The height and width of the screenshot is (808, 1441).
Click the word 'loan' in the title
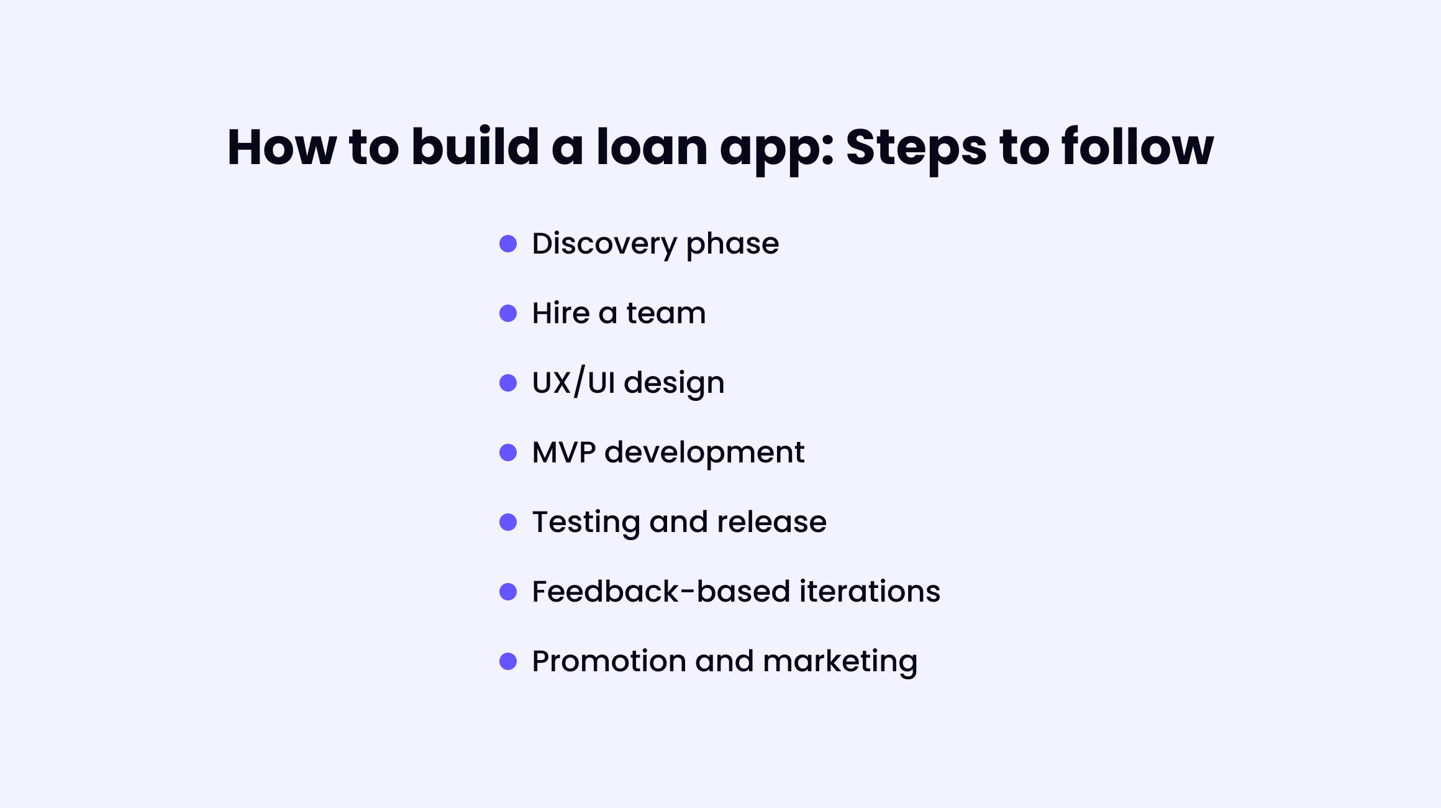coord(652,147)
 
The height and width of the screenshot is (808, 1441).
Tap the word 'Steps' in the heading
coord(916,149)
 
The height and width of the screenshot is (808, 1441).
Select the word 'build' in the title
coord(475,147)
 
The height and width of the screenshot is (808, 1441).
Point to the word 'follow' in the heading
coord(1137,147)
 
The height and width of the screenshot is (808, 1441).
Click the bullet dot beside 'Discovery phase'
coord(508,244)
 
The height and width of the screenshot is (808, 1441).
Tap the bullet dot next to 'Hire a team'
coord(508,313)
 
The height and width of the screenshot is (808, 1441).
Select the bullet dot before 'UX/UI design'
coord(508,383)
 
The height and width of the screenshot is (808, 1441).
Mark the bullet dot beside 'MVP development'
coord(508,452)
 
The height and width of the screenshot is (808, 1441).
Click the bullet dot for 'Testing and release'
coord(508,522)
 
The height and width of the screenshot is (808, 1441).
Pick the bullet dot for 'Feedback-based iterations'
coord(508,592)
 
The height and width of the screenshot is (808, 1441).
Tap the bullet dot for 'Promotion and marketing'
coord(508,661)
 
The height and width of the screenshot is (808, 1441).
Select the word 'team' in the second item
coord(666,313)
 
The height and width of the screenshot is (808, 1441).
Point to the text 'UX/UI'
coord(574,382)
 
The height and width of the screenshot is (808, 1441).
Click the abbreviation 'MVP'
coord(564,452)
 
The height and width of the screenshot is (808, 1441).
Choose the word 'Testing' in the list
coord(586,523)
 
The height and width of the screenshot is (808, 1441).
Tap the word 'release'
coord(771,522)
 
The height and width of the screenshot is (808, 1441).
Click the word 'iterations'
coord(870,592)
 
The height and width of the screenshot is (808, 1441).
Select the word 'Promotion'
coord(609,661)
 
